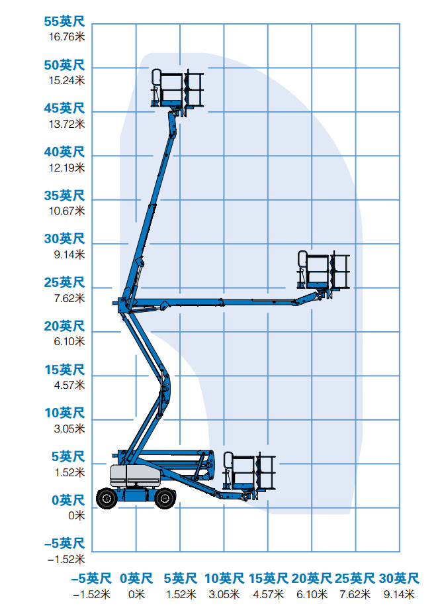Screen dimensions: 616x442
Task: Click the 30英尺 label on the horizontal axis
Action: (399, 578)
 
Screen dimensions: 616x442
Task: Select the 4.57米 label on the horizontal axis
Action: (268, 594)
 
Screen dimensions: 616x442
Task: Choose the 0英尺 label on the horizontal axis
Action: (136, 578)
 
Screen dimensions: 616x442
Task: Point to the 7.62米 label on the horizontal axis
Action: (355, 594)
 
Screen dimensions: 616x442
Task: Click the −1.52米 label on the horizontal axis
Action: (92, 594)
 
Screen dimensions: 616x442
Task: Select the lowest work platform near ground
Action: (249, 472)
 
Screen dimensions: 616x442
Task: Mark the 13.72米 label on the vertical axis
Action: (67, 124)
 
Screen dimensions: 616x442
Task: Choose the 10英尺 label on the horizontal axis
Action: (224, 578)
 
